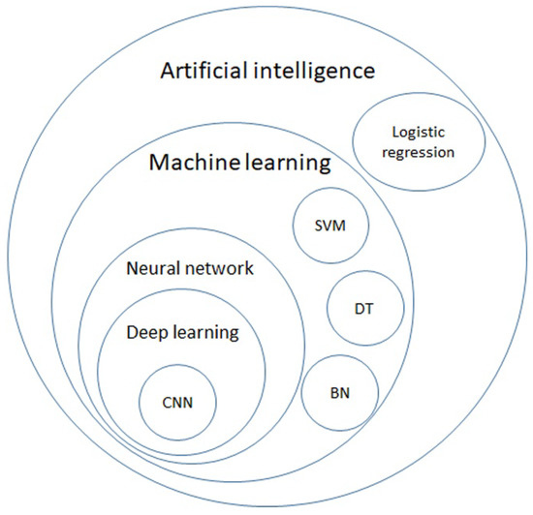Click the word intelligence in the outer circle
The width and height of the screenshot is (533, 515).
(x=320, y=72)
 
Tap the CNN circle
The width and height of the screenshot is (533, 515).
(x=177, y=402)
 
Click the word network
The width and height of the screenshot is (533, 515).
(x=220, y=268)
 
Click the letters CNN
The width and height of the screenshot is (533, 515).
(x=177, y=402)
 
